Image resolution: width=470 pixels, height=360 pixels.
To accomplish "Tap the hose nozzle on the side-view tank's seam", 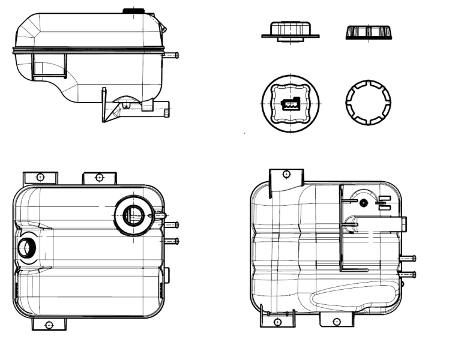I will pyautogui.click(x=171, y=55).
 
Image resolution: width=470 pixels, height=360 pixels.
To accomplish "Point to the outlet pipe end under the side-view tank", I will pyautogui.click(x=165, y=110).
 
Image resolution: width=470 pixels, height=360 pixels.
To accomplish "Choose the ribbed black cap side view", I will pyautogui.click(x=369, y=32).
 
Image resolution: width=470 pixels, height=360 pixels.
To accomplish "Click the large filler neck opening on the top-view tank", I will pyautogui.click(x=133, y=214).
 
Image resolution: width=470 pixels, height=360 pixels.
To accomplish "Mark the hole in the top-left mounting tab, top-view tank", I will pyautogui.click(x=40, y=177).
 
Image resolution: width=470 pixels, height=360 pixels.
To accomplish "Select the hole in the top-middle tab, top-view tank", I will pyautogui.click(x=99, y=177).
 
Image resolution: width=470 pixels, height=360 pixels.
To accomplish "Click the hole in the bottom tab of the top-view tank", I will pyautogui.click(x=50, y=325).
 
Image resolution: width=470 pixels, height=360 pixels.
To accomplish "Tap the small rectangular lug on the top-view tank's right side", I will pyautogui.click(x=167, y=275).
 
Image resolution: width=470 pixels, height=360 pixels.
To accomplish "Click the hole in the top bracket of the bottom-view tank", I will pyautogui.click(x=286, y=174).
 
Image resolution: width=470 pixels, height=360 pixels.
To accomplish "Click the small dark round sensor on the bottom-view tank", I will pyautogui.click(x=363, y=203).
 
